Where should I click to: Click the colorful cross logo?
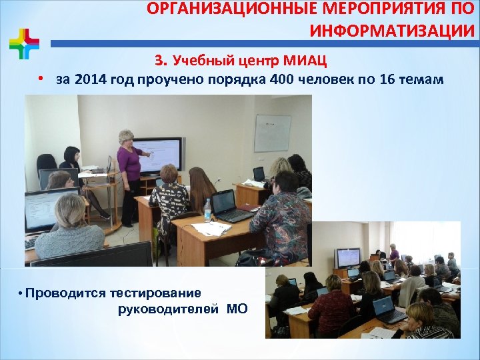click(x=24, y=44)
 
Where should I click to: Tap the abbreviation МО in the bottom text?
click(x=237, y=309)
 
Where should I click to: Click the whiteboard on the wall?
click(x=272, y=133)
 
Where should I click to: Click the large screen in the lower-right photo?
click(x=348, y=257)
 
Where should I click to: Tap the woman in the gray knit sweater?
click(x=68, y=230)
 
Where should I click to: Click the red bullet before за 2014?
click(x=41, y=79)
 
